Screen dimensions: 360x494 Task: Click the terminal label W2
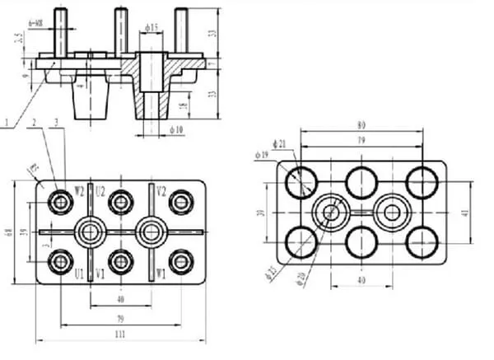80,190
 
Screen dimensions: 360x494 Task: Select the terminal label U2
100,190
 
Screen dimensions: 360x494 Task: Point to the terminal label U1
80,274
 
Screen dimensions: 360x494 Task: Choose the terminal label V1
100,274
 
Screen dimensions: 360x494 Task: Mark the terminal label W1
162,274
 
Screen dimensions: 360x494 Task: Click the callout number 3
55,123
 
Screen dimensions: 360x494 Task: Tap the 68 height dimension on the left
9,233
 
